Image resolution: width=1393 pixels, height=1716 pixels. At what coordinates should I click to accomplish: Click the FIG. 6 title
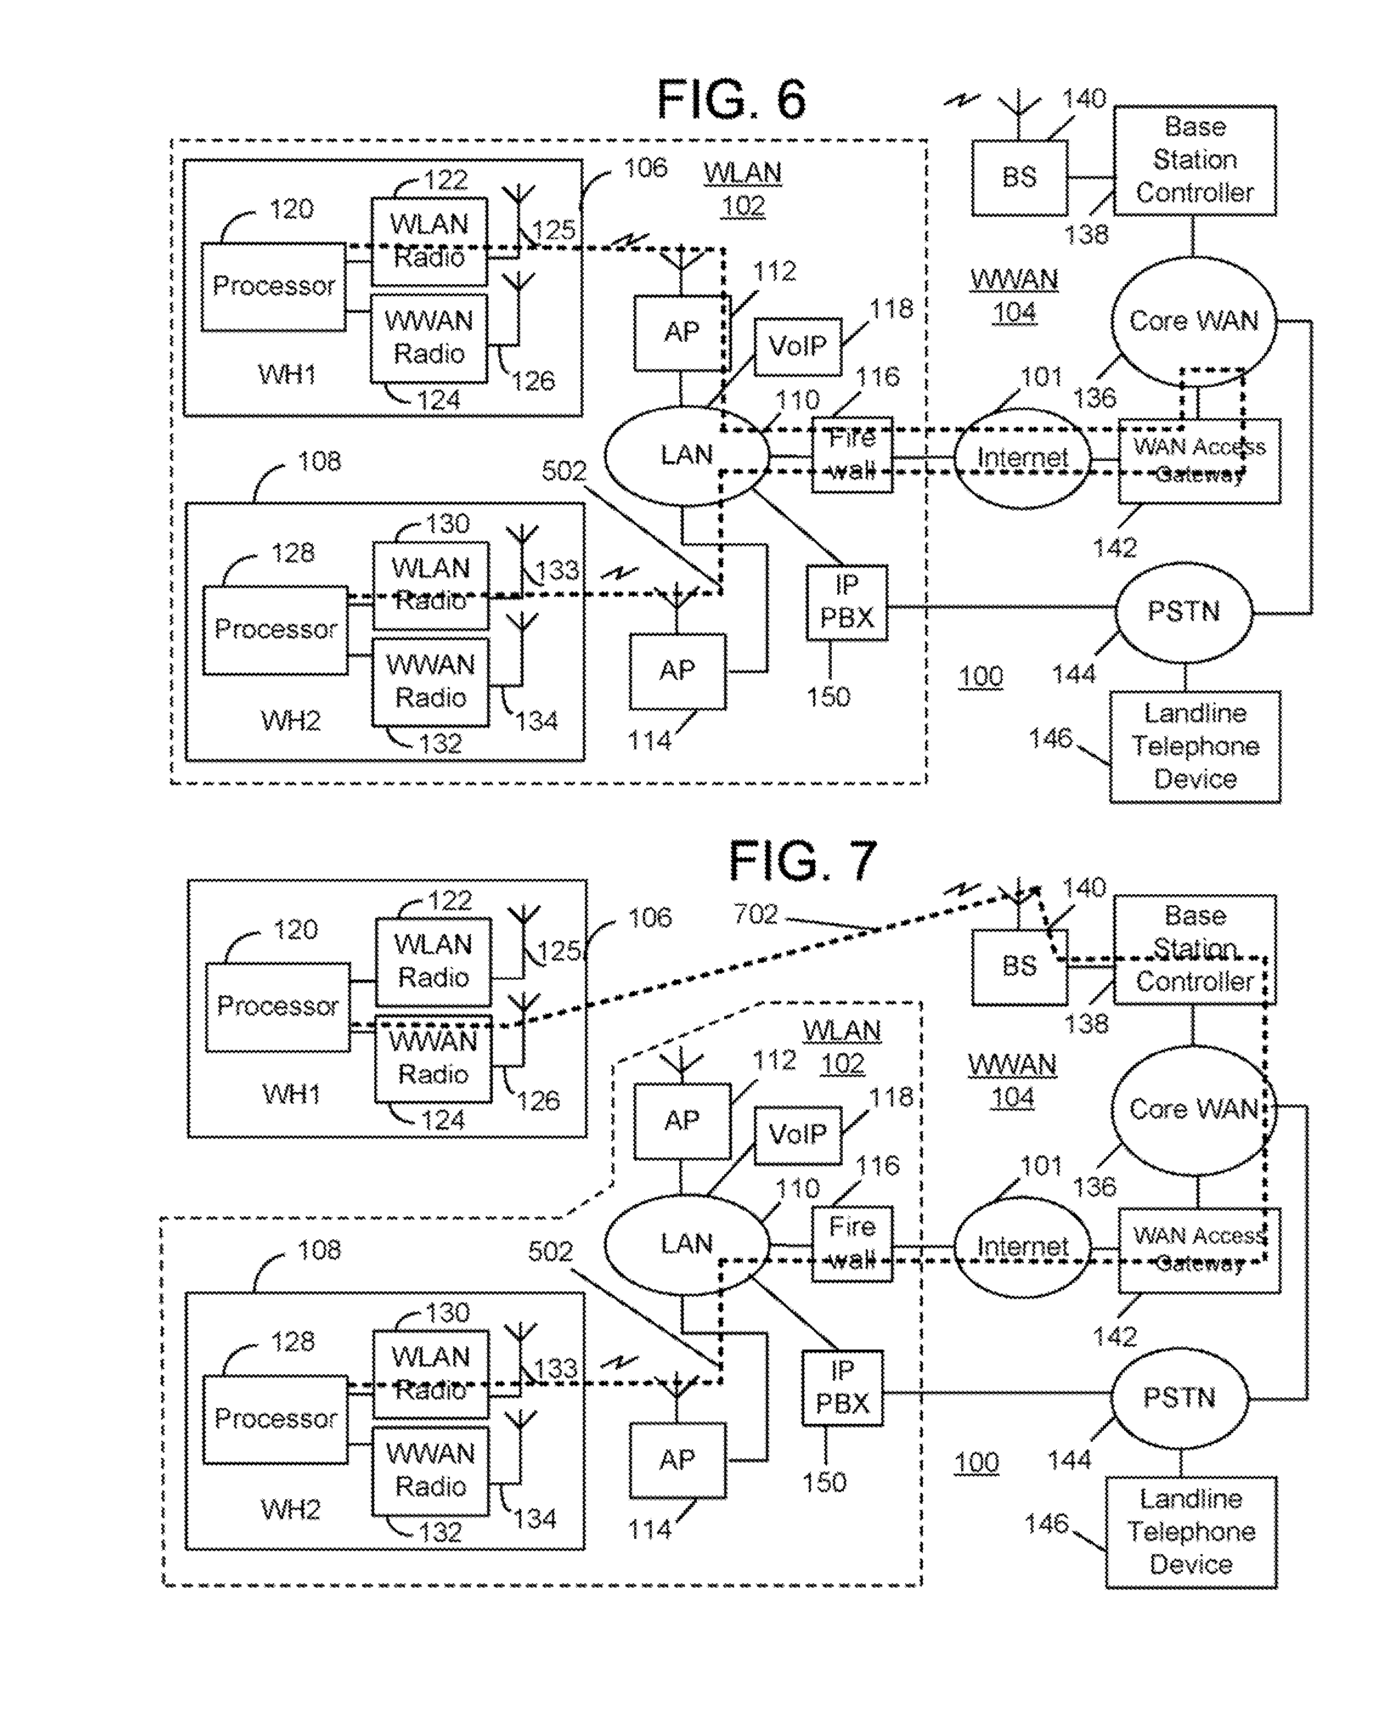pos(731,100)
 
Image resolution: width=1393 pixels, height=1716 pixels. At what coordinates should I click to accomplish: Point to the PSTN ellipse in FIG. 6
pos(1183,612)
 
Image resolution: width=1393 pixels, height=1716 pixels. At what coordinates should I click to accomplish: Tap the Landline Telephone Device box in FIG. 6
pos(1195,746)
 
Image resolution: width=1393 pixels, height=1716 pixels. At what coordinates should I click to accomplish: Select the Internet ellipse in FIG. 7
pos(1022,1246)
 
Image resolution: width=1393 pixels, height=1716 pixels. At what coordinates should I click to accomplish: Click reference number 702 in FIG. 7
pos(755,914)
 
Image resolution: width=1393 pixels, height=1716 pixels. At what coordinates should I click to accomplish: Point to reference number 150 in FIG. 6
pos(828,696)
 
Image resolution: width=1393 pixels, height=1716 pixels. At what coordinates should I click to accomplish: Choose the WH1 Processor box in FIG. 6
pos(273,286)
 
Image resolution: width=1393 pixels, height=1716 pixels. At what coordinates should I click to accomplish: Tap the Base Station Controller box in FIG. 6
pos(1194,160)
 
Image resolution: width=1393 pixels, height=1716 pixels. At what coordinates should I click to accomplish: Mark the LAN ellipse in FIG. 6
pos(686,456)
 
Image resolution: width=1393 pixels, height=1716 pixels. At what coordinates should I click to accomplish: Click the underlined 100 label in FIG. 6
pos(980,677)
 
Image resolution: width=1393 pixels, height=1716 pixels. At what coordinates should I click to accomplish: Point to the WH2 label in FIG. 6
pos(290,720)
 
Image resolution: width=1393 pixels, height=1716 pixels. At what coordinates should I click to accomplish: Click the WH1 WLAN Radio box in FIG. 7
pos(433,961)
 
